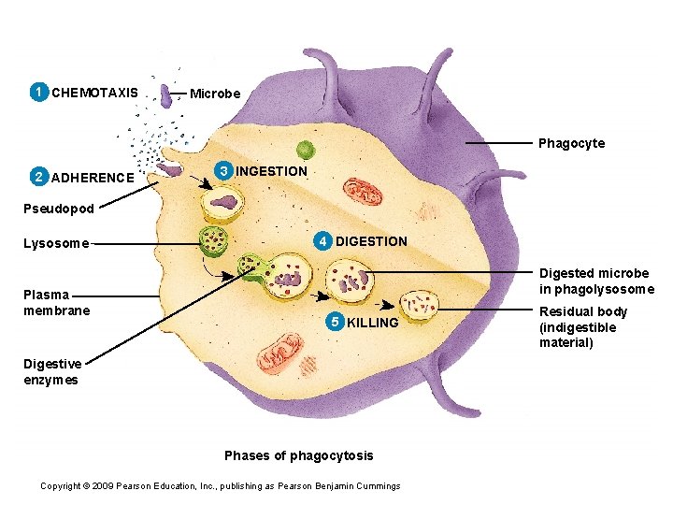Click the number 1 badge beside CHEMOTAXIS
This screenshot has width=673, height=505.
pyautogui.click(x=38, y=93)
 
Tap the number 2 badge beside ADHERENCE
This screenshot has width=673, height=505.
pyautogui.click(x=38, y=177)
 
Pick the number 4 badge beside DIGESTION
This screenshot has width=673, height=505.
pyautogui.click(x=322, y=241)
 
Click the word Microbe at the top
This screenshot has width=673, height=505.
pyautogui.click(x=215, y=94)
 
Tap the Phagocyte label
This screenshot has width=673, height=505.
pyautogui.click(x=571, y=143)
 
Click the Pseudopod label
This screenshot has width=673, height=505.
pyautogui.click(x=59, y=209)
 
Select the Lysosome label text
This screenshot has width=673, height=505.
pyautogui.click(x=56, y=243)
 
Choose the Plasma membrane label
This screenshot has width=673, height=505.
pyautogui.click(x=57, y=303)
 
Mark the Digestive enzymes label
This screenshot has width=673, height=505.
pyautogui.click(x=50, y=372)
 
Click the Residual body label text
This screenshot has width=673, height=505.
pyautogui.click(x=582, y=327)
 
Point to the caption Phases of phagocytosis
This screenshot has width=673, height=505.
pyautogui.click(x=298, y=455)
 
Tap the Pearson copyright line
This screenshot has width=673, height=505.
pyautogui.click(x=221, y=485)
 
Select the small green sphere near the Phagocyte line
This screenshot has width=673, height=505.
pyautogui.click(x=305, y=149)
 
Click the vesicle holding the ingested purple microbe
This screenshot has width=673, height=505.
pyautogui.click(x=224, y=201)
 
